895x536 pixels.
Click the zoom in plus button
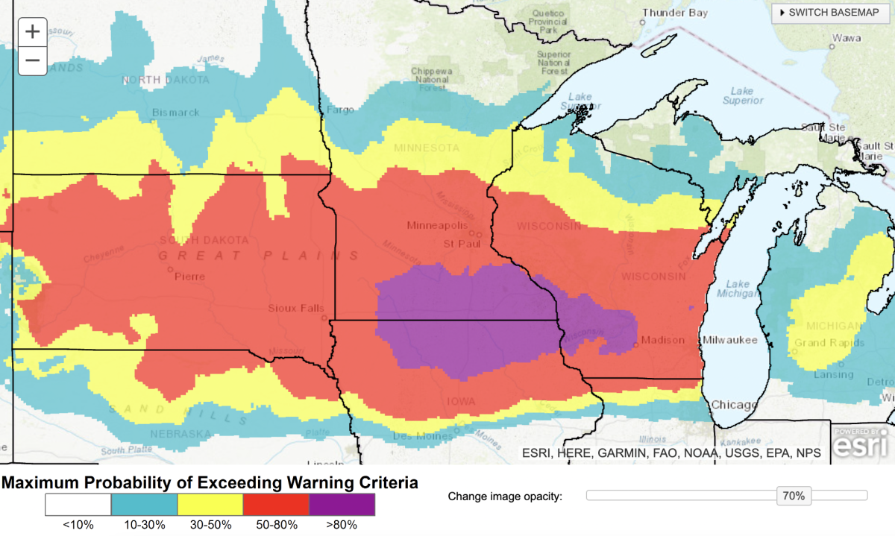(x=32, y=32)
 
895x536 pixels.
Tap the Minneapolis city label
(x=437, y=225)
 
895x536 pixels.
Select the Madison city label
(x=663, y=341)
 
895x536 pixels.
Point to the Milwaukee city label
(x=730, y=341)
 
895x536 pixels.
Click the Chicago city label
(x=734, y=404)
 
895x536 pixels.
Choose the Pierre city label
(x=189, y=276)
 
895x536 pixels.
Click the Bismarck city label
(x=176, y=113)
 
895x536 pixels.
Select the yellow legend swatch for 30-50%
(x=210, y=505)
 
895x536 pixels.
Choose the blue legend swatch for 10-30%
(x=144, y=505)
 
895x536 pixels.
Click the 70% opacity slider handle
(x=794, y=496)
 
